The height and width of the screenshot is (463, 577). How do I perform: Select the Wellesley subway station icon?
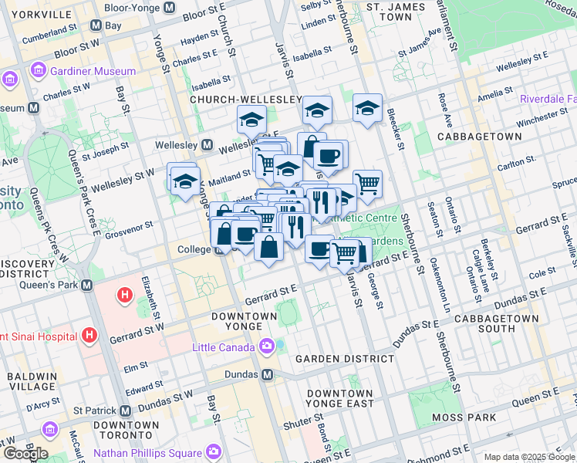(x=207, y=145)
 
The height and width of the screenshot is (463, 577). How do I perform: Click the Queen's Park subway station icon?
(x=86, y=285)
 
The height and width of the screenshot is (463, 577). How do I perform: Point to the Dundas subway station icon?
(x=268, y=374)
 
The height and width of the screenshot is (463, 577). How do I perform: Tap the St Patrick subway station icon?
(x=125, y=411)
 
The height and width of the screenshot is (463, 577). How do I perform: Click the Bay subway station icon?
(x=96, y=25)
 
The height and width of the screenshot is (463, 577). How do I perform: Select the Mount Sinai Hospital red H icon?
(x=89, y=336)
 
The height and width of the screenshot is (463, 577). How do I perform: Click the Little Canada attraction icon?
(x=266, y=346)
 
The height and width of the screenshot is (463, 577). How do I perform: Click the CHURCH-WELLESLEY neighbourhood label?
(x=235, y=100)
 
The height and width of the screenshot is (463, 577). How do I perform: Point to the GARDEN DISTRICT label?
(x=345, y=359)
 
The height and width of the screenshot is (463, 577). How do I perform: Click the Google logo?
(x=25, y=454)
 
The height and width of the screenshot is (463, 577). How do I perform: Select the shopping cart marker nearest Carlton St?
(x=367, y=184)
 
